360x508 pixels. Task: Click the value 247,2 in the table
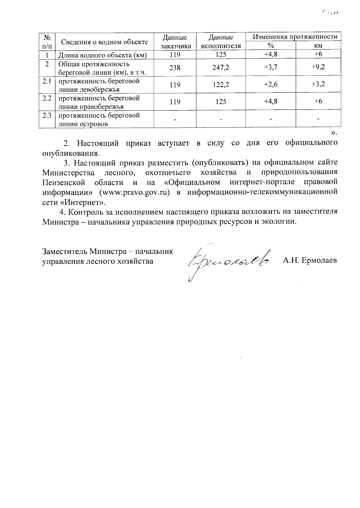coord(221,68)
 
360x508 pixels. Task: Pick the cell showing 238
coord(175,68)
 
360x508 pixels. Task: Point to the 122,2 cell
coord(221,85)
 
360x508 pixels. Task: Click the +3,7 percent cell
coord(271,67)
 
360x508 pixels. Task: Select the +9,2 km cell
coord(318,67)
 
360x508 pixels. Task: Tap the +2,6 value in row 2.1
coord(271,85)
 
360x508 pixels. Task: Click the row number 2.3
coord(47,115)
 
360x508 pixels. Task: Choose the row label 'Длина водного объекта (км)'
coord(102,55)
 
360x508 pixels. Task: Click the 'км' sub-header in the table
coord(318,46)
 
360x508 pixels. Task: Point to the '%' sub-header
coord(271,46)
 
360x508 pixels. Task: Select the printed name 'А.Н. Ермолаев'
coord(310,260)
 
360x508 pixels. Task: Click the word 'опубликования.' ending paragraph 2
coord(71,153)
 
